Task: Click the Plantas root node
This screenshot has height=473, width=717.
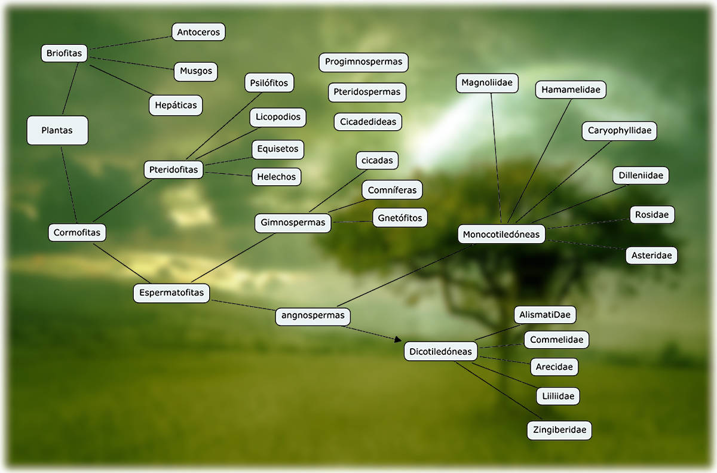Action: [x=57, y=130]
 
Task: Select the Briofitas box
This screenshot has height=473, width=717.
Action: [x=64, y=53]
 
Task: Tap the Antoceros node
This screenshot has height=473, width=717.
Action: [x=198, y=32]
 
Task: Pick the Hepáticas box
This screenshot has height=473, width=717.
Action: [x=176, y=105]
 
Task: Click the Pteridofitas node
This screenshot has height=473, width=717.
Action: [x=173, y=170]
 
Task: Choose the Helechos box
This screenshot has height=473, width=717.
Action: [x=277, y=177]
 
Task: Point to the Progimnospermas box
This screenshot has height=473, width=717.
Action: [x=364, y=62]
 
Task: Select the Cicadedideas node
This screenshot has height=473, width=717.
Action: [x=368, y=122]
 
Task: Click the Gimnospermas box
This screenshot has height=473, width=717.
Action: [x=293, y=223]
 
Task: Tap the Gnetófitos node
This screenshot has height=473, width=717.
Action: [x=400, y=218]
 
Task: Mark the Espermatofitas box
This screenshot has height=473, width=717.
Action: [x=171, y=293]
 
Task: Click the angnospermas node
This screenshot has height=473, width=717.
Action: [x=313, y=316]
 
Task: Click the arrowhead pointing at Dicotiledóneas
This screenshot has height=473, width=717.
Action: [x=399, y=340]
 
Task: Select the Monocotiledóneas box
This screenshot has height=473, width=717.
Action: [x=501, y=234]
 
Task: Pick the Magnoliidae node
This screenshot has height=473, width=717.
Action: [x=487, y=83]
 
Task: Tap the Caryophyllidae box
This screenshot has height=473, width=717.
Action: [x=620, y=131]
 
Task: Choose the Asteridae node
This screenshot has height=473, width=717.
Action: [x=652, y=256]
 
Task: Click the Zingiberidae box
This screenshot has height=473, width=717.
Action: [x=559, y=430]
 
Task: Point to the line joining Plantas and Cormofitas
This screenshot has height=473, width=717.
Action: [x=69, y=185]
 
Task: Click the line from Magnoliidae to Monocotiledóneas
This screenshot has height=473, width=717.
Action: [x=496, y=158]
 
